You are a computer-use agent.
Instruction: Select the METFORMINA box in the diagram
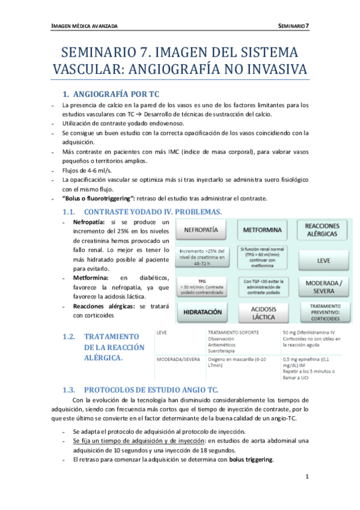click(263, 230)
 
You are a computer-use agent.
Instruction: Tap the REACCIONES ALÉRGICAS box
click(322, 229)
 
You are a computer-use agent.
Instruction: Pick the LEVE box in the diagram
click(322, 260)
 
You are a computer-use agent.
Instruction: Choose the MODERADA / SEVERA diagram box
click(322, 286)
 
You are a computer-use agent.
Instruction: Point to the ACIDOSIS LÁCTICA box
click(263, 312)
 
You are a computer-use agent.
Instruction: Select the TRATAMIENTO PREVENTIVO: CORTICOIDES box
click(325, 312)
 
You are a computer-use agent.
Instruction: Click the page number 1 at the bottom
click(307, 477)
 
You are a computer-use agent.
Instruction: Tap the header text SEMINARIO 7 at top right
click(294, 26)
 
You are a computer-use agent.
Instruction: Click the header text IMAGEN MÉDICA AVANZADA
click(84, 26)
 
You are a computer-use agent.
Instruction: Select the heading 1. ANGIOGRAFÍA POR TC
click(111, 94)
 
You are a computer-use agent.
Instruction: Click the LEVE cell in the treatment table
click(162, 331)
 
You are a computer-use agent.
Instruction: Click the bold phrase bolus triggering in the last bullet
click(251, 460)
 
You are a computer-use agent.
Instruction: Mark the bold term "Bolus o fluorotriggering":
click(99, 198)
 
